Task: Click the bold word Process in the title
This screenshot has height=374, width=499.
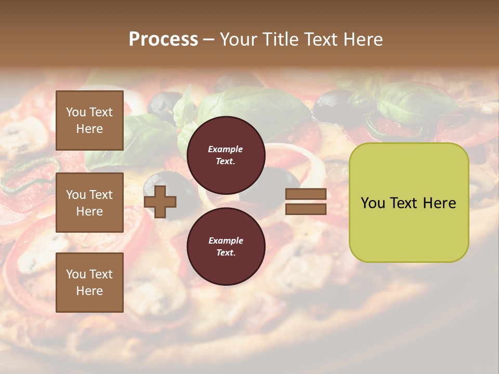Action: (163, 39)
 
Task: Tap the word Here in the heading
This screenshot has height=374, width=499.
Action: (363, 39)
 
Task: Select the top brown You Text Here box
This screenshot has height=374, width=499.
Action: (89, 121)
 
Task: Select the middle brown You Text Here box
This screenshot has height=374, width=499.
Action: (89, 203)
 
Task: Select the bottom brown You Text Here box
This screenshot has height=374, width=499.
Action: (89, 282)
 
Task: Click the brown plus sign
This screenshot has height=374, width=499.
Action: (160, 202)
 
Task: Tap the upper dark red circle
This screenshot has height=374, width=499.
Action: (226, 155)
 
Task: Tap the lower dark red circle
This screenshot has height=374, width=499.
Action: (226, 246)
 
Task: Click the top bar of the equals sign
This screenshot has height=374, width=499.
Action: (306, 194)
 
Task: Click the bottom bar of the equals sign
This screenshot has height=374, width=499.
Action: (306, 209)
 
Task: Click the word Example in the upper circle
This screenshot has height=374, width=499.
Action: (226, 149)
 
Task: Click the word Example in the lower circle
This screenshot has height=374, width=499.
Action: (226, 241)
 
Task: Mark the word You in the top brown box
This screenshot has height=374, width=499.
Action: (76, 112)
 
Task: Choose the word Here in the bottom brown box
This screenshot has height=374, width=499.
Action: (89, 291)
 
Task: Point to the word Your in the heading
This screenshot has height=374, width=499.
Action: (240, 39)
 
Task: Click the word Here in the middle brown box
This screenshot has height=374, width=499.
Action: (89, 211)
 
